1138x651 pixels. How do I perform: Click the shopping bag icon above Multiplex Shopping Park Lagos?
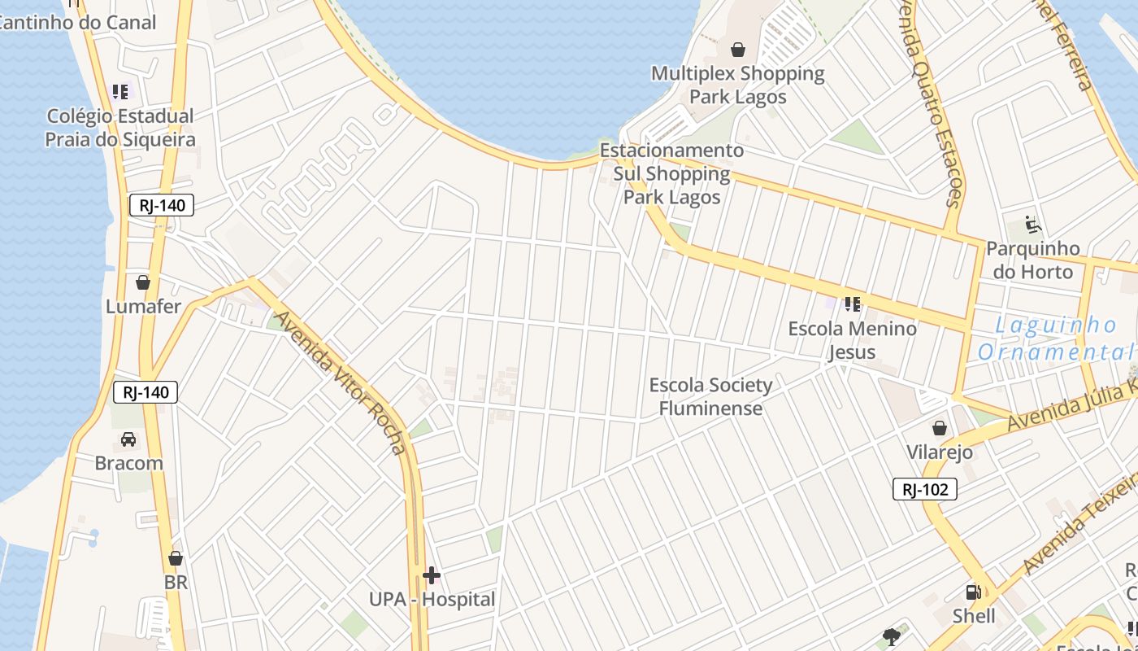coord(738,50)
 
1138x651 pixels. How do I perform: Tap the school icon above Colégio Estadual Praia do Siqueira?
coord(120,92)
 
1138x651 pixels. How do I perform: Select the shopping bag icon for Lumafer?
coord(143,283)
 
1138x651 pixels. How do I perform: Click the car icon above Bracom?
coord(128,439)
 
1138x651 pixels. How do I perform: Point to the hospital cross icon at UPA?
coord(432,576)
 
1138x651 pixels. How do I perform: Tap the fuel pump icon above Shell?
coord(973,592)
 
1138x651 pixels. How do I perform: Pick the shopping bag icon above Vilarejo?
coord(940,428)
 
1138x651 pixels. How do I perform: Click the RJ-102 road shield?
coord(925,489)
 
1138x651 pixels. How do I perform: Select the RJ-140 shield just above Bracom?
coord(146,392)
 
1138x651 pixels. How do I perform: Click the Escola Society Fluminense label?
coord(711,396)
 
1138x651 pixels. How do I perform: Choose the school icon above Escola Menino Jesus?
coord(852,304)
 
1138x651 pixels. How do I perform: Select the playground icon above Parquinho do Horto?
coord(1033,225)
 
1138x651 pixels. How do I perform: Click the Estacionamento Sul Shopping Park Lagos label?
coord(672,173)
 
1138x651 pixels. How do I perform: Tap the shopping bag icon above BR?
coord(176,559)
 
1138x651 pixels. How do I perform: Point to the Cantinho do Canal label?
coord(77,23)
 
